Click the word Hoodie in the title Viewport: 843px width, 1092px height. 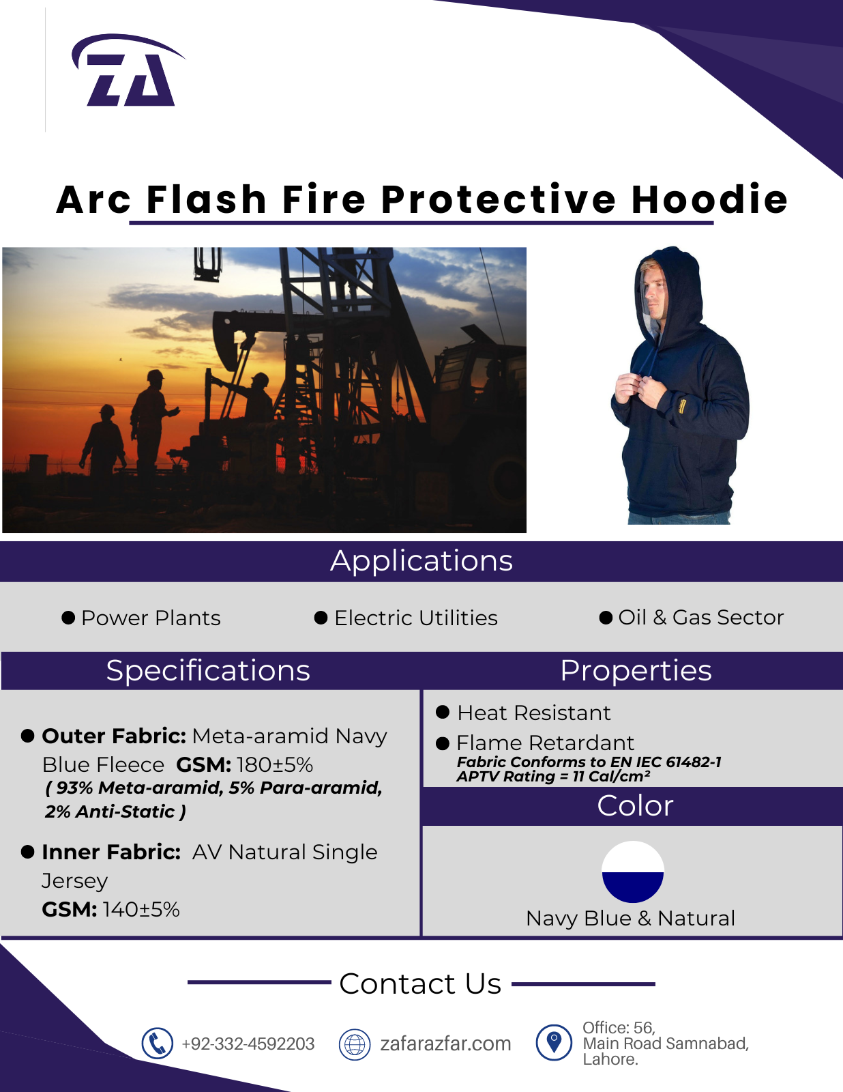coord(709,199)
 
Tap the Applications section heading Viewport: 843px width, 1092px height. coord(421,561)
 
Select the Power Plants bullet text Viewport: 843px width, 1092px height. coord(151,618)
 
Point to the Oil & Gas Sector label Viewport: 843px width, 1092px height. coord(701,617)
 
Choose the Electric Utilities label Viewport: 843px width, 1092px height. coord(416,618)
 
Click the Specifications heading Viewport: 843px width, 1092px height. coord(208,670)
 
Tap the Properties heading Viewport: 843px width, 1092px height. coord(636,670)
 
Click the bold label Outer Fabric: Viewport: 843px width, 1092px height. coord(114,736)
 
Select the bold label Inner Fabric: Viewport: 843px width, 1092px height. coord(111,852)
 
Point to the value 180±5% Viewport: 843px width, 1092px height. coord(275,765)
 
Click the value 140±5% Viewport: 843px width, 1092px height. coord(141,910)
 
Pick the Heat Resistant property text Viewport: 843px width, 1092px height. coord(534,713)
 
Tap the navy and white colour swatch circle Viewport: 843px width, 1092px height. coord(633,872)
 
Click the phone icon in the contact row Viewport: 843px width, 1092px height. coord(157,1044)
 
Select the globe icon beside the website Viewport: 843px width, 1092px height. coord(355,1044)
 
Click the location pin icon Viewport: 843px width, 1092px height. coord(554,1043)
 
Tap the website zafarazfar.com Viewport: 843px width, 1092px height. coord(445,1044)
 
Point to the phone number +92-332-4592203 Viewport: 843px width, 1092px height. coord(248,1044)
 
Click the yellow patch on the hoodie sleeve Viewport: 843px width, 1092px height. coord(681,405)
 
